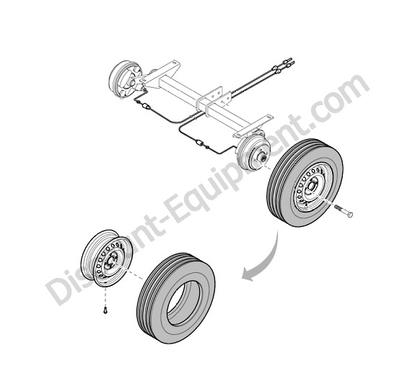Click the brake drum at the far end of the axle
pyautogui.click(x=124, y=79)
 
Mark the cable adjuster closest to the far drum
pyautogui.click(x=146, y=107)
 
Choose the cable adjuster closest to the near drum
pyautogui.click(x=199, y=143)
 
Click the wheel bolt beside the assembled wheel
pyautogui.click(x=344, y=210)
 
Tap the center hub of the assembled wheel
pyautogui.click(x=313, y=187)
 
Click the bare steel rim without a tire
pyautogui.click(x=106, y=258)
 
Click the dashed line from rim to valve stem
pyautogui.click(x=105, y=295)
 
